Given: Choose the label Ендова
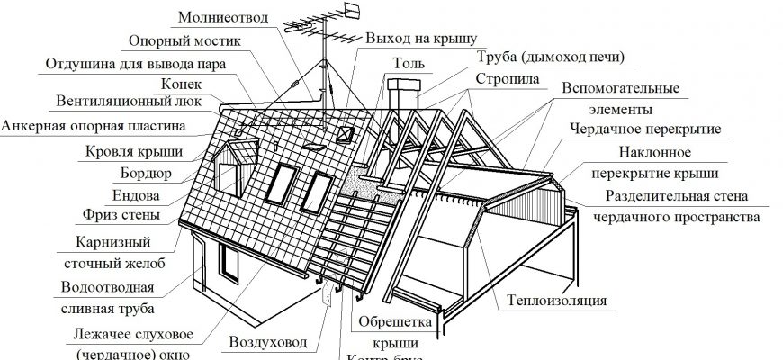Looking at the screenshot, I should click(138, 193).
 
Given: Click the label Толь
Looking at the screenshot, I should click(402, 63).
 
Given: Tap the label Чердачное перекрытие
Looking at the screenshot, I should click(645, 130).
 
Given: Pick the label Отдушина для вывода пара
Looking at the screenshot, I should click(134, 64).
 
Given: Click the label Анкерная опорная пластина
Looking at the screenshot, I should click(93, 125).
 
